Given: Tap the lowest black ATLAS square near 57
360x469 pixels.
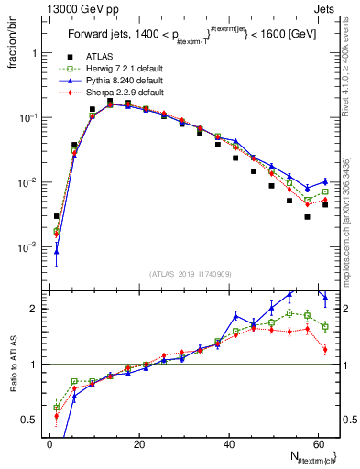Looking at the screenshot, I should (x=308, y=217).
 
